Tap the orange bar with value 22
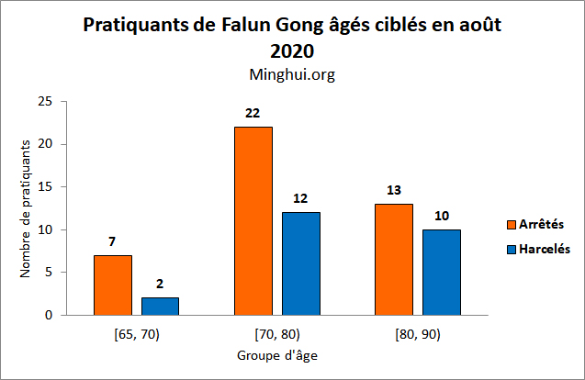click(x=253, y=221)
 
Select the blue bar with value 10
click(x=441, y=273)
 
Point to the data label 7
click(x=112, y=240)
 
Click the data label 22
click(x=253, y=113)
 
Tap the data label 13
click(x=393, y=190)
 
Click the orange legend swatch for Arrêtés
click(x=512, y=223)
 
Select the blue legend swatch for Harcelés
click(x=512, y=249)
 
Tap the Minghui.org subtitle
click(x=292, y=74)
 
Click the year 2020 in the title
click(x=292, y=50)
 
